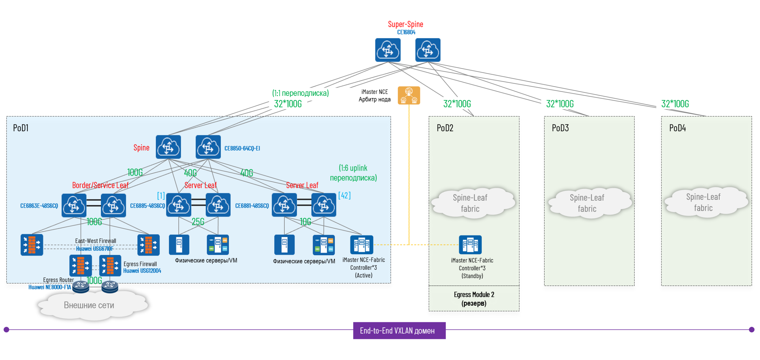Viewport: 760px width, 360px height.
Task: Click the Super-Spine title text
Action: click(x=405, y=24)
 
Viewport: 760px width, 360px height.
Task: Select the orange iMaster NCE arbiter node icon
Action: click(x=408, y=95)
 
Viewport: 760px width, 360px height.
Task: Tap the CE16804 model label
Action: click(x=406, y=32)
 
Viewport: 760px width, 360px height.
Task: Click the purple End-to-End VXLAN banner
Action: click(x=399, y=330)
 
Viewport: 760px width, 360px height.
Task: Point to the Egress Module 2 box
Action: click(x=474, y=299)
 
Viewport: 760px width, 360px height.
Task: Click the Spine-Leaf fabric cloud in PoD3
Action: click(x=587, y=203)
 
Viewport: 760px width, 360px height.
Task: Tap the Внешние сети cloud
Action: click(x=89, y=305)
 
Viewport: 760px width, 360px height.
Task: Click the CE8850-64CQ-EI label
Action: click(x=242, y=148)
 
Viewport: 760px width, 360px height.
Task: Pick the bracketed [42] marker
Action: click(x=344, y=195)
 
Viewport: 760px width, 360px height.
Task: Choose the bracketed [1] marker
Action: click(x=161, y=195)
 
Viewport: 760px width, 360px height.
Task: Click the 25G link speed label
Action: click(x=198, y=222)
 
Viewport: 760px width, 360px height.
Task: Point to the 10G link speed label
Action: click(x=305, y=222)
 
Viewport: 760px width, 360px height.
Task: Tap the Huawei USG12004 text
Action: click(x=142, y=271)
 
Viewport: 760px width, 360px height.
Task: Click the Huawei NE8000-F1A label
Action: click(x=50, y=287)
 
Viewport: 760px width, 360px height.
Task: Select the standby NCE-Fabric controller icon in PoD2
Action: click(x=470, y=245)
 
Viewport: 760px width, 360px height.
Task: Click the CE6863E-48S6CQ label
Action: click(x=39, y=206)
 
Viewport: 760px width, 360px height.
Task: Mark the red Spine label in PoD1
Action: click(x=141, y=148)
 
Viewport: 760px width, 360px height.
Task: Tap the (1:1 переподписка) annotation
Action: click(x=300, y=93)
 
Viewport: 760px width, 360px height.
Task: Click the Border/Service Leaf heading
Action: click(x=100, y=185)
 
